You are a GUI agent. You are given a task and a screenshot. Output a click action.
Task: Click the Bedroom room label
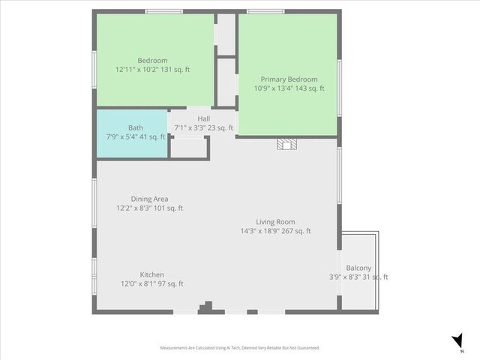point(152,60)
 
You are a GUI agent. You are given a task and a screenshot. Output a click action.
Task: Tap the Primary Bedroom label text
point(289,79)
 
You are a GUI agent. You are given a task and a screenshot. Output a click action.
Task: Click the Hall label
point(204,118)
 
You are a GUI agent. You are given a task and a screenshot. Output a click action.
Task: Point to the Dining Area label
point(149,199)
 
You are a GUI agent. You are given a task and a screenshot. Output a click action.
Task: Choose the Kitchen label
point(152,274)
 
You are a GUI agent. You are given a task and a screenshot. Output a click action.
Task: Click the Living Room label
point(275,221)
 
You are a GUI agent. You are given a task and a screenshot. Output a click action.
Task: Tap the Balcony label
point(358,268)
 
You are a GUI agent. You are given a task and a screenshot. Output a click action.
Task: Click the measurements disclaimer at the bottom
point(240,348)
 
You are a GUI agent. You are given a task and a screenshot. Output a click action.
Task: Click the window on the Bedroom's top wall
point(164,11)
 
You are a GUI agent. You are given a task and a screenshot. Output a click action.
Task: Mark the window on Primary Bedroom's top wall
point(265,11)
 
